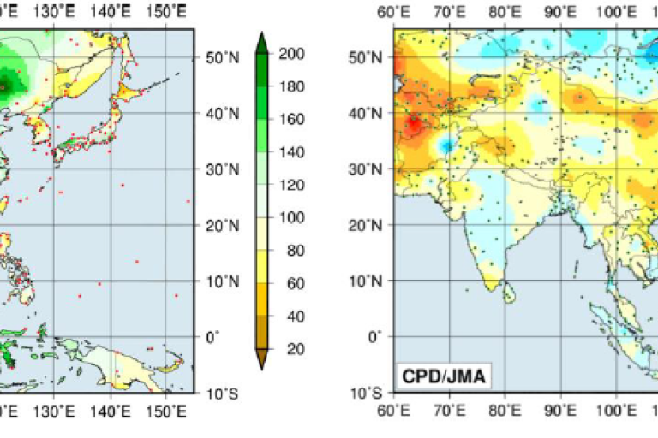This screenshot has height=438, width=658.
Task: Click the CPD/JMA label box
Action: [x=443, y=375]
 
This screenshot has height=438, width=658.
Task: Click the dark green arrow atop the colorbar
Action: [x=263, y=39]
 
